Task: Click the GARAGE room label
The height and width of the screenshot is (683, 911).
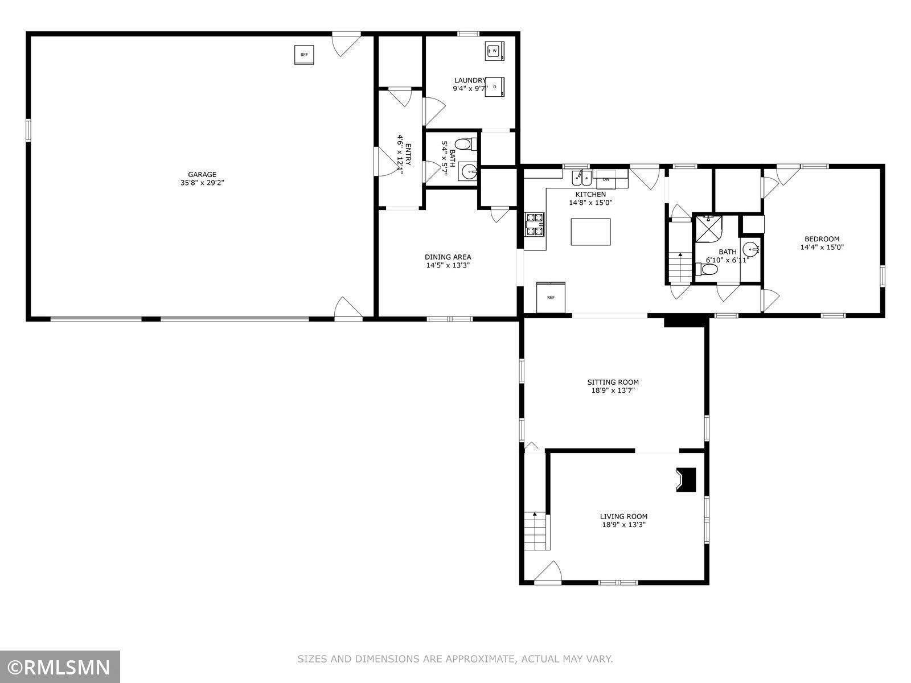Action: pyautogui.click(x=202, y=175)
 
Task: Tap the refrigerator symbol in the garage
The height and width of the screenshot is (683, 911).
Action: pyautogui.click(x=304, y=55)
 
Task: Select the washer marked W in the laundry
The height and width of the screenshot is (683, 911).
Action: pyautogui.click(x=495, y=51)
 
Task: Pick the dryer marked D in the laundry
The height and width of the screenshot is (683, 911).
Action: pyautogui.click(x=495, y=87)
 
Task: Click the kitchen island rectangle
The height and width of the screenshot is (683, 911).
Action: pyautogui.click(x=590, y=232)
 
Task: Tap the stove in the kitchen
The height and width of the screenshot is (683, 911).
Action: pyautogui.click(x=535, y=224)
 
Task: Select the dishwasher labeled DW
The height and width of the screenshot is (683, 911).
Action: pyautogui.click(x=606, y=179)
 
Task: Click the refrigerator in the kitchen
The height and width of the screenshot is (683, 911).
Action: pyautogui.click(x=551, y=297)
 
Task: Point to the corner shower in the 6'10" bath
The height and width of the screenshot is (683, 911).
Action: pyautogui.click(x=708, y=228)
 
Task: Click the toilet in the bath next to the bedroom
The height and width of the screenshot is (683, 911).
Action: pyautogui.click(x=707, y=270)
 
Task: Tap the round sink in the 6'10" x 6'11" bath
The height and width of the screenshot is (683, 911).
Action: pyautogui.click(x=750, y=250)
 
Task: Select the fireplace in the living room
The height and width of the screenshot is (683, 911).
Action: pyautogui.click(x=686, y=480)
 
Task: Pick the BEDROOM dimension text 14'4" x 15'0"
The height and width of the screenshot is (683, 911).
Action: pyautogui.click(x=822, y=248)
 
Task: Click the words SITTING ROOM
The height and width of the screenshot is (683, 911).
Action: pyautogui.click(x=613, y=382)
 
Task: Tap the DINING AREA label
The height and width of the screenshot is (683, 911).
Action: pyautogui.click(x=448, y=257)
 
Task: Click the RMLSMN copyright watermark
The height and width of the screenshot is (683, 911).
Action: pyautogui.click(x=60, y=668)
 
